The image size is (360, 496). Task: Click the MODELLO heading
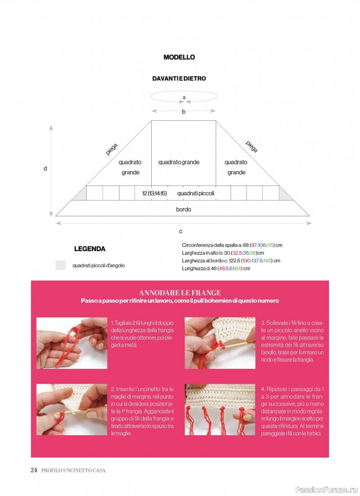point(179,57)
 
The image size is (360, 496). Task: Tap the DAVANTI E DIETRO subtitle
point(179,79)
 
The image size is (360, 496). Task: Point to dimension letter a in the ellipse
point(184,97)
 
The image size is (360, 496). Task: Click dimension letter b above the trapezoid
point(183,112)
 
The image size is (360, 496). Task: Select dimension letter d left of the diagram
point(45,169)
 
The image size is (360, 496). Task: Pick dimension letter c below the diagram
point(181,231)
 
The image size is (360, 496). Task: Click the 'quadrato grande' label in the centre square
point(179,162)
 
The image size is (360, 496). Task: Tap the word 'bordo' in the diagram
point(183,210)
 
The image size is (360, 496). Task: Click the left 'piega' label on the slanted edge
point(112,149)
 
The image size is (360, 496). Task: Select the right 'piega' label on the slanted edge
point(252,146)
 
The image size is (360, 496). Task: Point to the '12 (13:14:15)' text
point(154,193)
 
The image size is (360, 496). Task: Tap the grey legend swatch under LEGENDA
point(60,265)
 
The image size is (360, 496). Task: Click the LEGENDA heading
point(90,249)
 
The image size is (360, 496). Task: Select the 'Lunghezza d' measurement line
point(216,268)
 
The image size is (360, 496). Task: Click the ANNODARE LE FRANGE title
point(180,293)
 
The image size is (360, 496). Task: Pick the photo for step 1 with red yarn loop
point(72,343)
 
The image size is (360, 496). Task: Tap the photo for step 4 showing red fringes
point(220,409)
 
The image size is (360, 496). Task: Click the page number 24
point(34,470)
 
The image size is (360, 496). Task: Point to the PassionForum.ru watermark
point(327,490)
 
